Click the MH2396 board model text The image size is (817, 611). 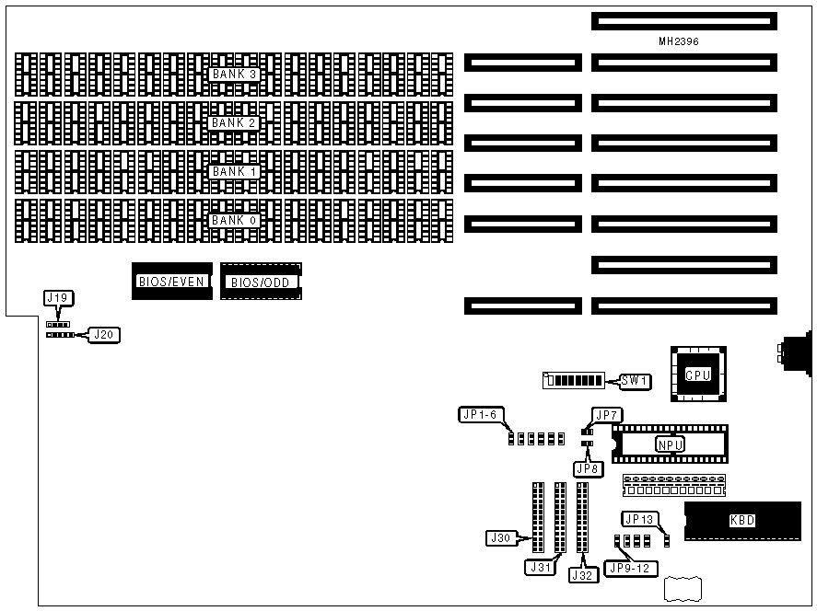[x=684, y=42]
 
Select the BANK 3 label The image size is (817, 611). [x=234, y=74]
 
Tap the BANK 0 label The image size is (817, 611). [x=234, y=221]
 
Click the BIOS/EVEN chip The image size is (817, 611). [x=172, y=281]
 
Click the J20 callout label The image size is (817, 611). [x=104, y=336]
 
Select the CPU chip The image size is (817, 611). [x=697, y=375]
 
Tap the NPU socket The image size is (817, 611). [x=670, y=444]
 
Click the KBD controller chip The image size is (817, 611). [x=741, y=521]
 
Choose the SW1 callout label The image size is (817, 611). [x=635, y=381]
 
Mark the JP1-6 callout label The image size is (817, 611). [x=479, y=415]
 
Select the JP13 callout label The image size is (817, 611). [x=639, y=520]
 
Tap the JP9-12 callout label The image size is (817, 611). [x=630, y=569]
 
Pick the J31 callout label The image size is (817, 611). [x=541, y=568]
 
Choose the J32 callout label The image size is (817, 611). [x=583, y=575]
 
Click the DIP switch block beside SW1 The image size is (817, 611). [x=575, y=381]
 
